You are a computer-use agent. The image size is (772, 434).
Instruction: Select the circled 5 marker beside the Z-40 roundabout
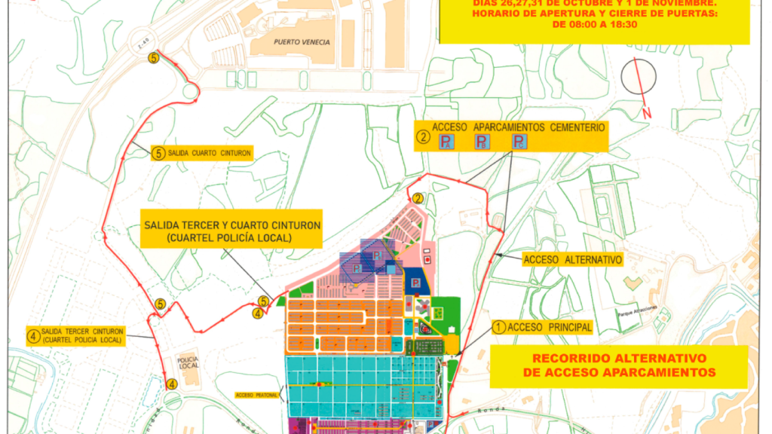pos(154,58)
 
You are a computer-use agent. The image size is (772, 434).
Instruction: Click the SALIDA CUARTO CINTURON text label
pos(209,152)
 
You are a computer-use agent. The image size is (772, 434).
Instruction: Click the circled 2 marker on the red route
pos(418,198)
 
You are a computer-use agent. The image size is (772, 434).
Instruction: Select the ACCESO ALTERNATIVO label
pos(573,259)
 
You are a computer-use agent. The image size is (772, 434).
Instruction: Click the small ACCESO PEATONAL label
pos(257,394)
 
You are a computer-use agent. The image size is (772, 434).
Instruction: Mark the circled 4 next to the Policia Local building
pos(173,384)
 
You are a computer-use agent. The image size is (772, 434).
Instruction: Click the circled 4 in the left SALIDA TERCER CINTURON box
pos(34,336)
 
